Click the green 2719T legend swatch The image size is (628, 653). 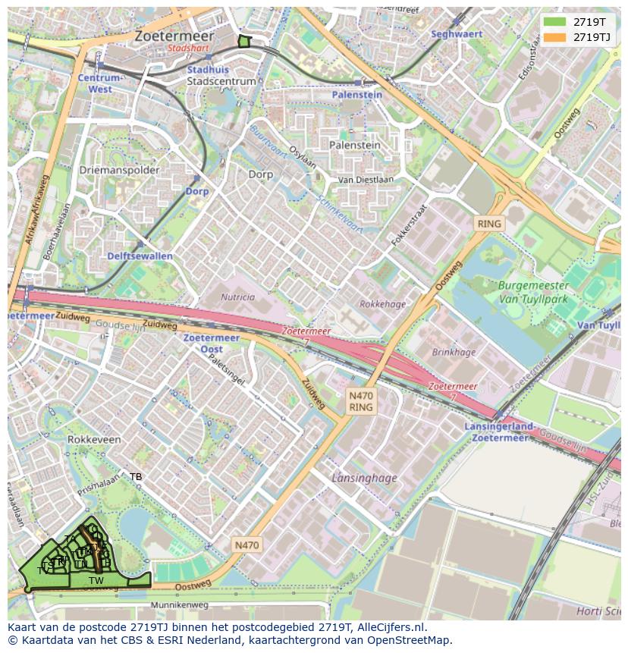[555, 22]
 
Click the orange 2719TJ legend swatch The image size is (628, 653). [555, 37]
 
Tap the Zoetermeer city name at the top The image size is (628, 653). [174, 36]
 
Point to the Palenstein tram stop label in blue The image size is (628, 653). [356, 95]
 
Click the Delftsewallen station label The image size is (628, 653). [140, 256]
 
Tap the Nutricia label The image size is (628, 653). [237, 297]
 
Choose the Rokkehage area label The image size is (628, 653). [383, 304]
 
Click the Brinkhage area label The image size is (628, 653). [454, 352]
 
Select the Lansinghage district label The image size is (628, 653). [364, 478]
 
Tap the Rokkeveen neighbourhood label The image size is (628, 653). [94, 439]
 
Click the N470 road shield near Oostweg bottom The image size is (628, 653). [246, 545]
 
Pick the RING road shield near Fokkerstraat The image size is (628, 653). [489, 224]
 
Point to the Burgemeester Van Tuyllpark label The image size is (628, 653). [533, 292]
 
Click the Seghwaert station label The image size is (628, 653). [457, 34]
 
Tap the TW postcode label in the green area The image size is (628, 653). [96, 581]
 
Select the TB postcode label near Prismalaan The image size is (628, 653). [136, 477]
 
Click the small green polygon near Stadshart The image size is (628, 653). [243, 42]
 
